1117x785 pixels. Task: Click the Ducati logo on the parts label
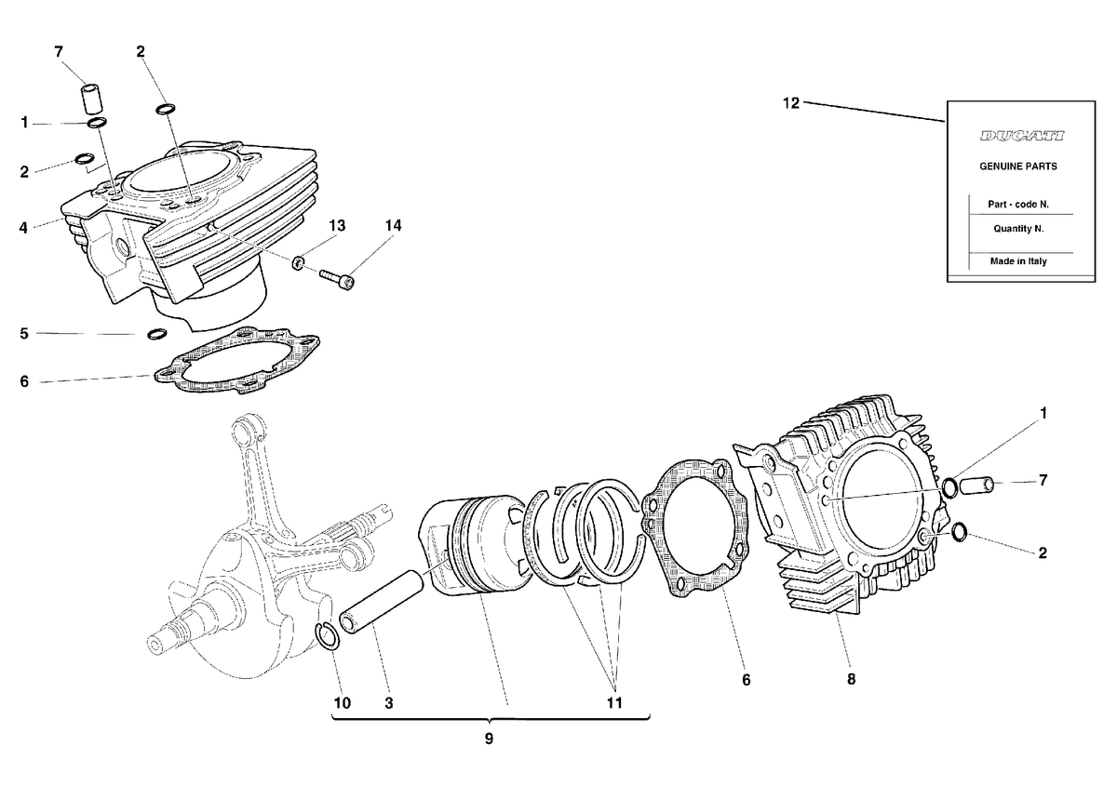click(x=1022, y=136)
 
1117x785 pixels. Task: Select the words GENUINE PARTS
click(x=1018, y=166)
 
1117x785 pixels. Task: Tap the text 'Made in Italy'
click(x=1018, y=261)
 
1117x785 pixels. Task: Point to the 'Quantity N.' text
click(x=1018, y=229)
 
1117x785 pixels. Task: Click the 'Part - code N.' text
click(x=1018, y=205)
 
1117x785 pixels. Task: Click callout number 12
click(x=791, y=103)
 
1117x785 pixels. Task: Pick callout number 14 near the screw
click(x=393, y=225)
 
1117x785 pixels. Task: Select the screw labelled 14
click(x=337, y=279)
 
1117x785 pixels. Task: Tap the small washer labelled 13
click(x=298, y=262)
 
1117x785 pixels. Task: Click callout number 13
click(x=337, y=225)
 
